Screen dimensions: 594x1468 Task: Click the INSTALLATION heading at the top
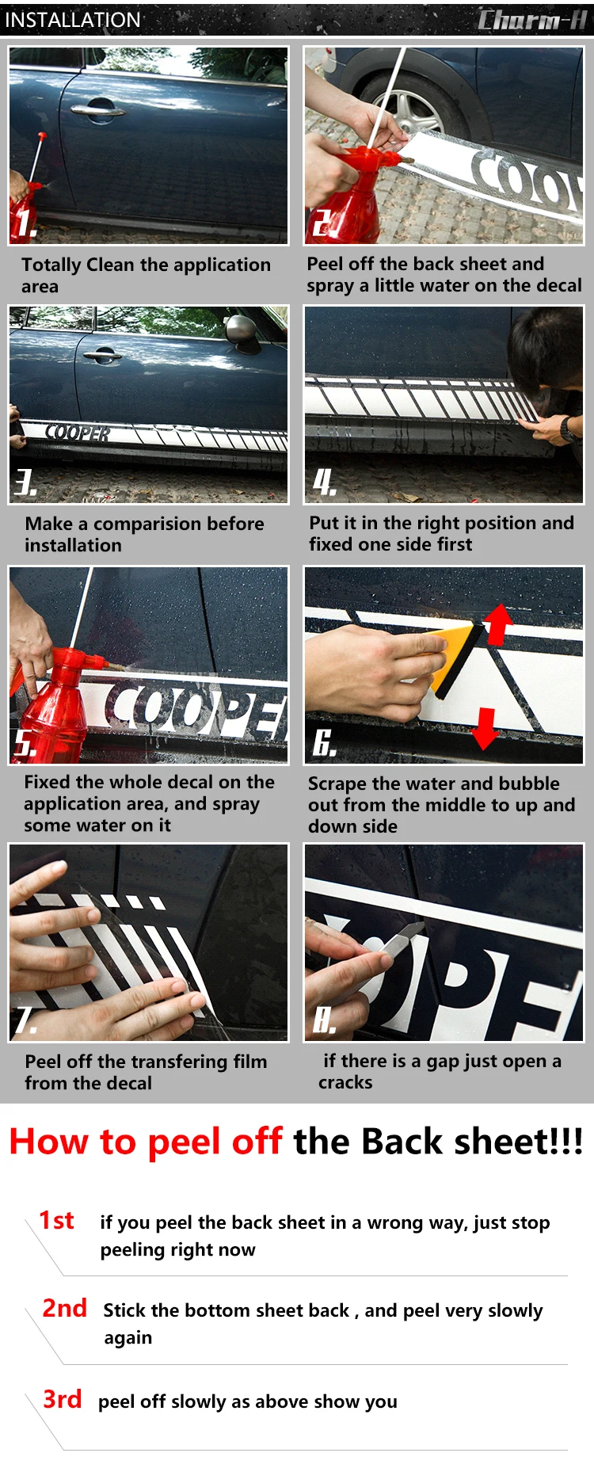click(73, 20)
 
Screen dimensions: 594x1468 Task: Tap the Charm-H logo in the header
click(531, 19)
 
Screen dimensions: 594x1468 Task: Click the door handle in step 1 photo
click(97, 109)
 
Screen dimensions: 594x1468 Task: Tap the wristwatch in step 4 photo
click(568, 429)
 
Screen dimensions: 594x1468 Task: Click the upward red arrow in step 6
click(498, 623)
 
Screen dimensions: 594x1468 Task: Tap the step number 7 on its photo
click(25, 1020)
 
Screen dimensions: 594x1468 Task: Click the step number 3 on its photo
click(25, 482)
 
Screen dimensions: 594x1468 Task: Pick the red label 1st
click(57, 1220)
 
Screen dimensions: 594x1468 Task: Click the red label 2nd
click(64, 1308)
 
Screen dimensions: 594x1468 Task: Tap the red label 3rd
click(63, 1399)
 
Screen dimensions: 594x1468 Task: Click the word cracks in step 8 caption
click(345, 1083)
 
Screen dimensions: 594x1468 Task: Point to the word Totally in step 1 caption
click(51, 265)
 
